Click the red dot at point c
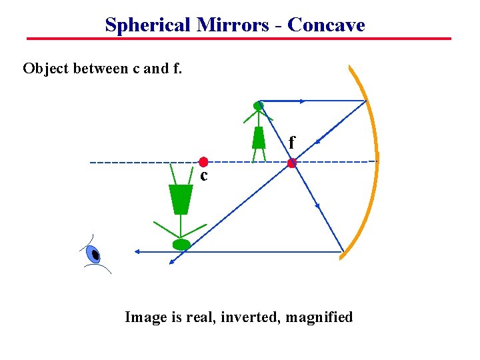(x=203, y=162)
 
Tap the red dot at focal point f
(x=291, y=163)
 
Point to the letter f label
(x=292, y=142)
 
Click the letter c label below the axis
(x=204, y=177)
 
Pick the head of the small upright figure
(x=259, y=105)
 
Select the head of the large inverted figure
(x=181, y=245)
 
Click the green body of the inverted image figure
(x=180, y=199)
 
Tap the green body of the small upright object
(x=259, y=137)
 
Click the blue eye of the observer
(x=94, y=254)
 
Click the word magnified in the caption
(x=319, y=317)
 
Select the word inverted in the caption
(x=256, y=317)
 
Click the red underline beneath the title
(x=239, y=39)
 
